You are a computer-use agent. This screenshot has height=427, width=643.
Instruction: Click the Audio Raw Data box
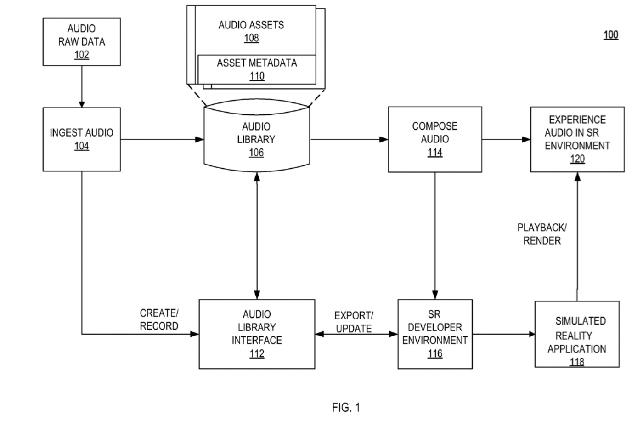[82, 42]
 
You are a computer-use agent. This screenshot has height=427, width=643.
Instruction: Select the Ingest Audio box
[82, 139]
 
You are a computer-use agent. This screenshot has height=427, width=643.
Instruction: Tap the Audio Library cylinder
[256, 138]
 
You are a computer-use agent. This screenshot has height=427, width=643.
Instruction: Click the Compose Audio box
[434, 139]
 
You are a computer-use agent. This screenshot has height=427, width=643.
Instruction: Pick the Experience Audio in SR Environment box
[577, 139]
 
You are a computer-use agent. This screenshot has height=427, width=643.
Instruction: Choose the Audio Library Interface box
[257, 334]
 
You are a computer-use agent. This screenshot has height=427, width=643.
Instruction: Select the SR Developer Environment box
[434, 334]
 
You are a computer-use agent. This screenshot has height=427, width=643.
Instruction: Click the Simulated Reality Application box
[577, 334]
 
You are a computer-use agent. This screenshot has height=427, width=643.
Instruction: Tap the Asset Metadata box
[257, 69]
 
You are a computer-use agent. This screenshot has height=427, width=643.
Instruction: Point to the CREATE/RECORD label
[159, 319]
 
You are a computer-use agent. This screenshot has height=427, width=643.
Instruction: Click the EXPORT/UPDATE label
[354, 322]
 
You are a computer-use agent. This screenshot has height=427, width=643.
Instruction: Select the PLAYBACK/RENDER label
[542, 234]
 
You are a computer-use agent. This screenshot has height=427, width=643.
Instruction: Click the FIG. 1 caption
[346, 407]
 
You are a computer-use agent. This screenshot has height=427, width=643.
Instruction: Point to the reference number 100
[610, 35]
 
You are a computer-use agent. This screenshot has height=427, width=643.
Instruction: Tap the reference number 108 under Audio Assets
[251, 38]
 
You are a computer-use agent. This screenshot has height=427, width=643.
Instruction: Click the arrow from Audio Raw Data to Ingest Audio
[82, 86]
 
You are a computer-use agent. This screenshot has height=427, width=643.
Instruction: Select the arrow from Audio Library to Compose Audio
[349, 139]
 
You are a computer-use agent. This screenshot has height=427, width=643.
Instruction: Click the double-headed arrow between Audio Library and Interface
[257, 235]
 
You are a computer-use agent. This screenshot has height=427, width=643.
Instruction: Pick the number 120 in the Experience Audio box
[577, 159]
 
